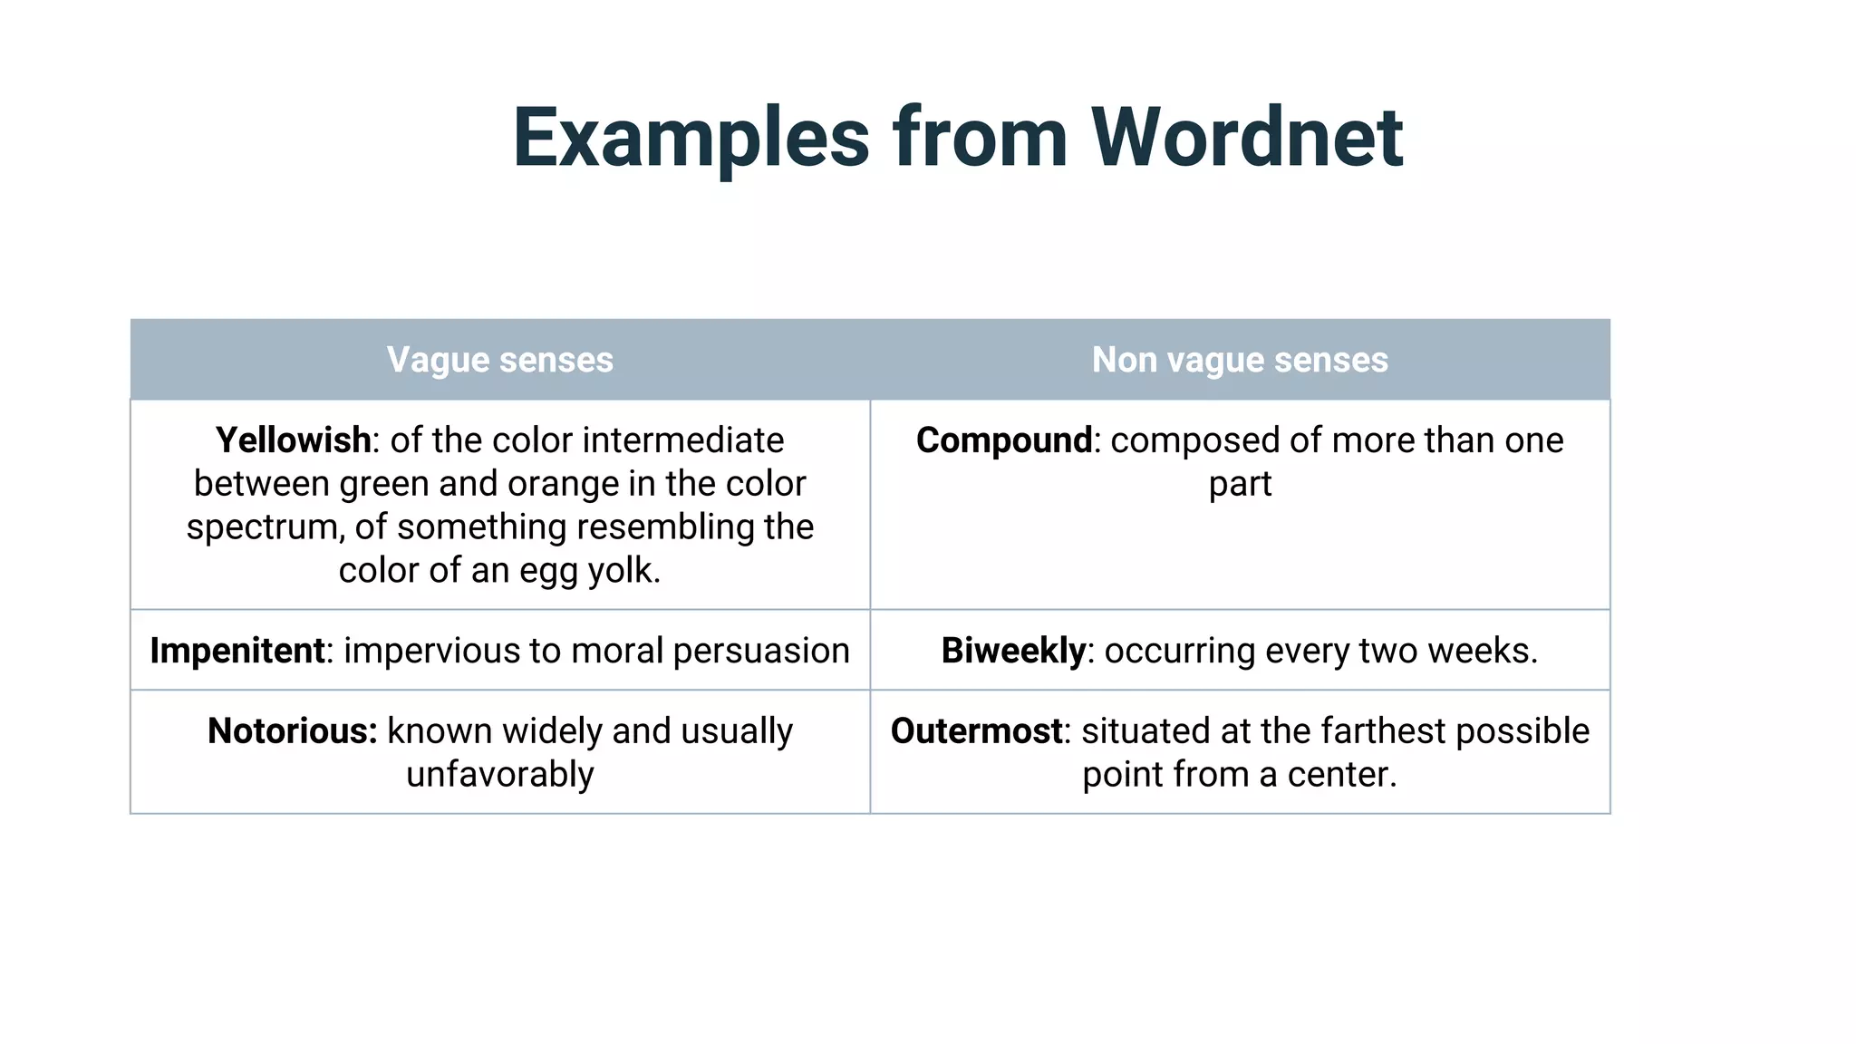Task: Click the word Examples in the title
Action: (691, 138)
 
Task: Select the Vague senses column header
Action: (500, 360)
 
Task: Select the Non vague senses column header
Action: (1240, 360)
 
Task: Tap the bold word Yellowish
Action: (293, 440)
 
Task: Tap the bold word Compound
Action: (1004, 440)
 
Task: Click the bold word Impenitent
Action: (237, 651)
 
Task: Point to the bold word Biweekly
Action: (1013, 651)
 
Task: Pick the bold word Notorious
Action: (292, 731)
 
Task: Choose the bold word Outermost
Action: (976, 731)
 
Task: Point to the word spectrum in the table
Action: (265, 527)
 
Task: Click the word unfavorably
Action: (500, 775)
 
